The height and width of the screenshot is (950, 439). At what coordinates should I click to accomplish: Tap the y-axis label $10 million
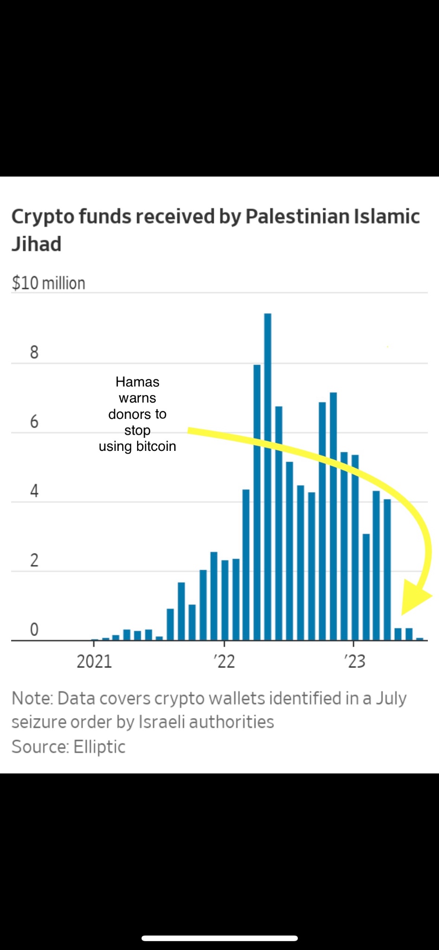click(x=49, y=283)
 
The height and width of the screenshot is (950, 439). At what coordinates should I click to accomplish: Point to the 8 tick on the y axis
click(x=34, y=353)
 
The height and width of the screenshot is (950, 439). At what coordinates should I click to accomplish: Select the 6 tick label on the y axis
click(x=34, y=422)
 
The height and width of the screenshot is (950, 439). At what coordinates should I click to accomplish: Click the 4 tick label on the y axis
click(x=34, y=491)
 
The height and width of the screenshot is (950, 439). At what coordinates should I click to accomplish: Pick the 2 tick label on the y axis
click(x=34, y=560)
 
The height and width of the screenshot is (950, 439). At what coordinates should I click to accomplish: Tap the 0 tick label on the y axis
click(x=34, y=629)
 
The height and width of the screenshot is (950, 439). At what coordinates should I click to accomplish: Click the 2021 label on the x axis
click(x=94, y=661)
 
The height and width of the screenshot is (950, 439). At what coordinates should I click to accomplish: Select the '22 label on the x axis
click(x=225, y=661)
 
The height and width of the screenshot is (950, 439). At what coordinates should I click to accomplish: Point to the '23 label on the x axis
click(x=355, y=661)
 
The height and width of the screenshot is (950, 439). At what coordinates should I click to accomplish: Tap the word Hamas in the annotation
click(x=138, y=382)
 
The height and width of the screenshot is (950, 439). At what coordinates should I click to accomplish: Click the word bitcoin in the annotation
click(x=156, y=446)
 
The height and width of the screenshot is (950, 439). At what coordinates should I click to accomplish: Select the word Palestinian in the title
click(x=297, y=217)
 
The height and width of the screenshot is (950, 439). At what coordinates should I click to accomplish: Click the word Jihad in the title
click(x=37, y=244)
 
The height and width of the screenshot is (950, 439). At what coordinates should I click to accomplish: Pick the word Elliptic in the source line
click(x=99, y=747)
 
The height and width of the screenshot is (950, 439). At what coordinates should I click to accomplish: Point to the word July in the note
click(x=391, y=698)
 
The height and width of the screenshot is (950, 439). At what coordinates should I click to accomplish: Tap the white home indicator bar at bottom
click(x=219, y=938)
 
